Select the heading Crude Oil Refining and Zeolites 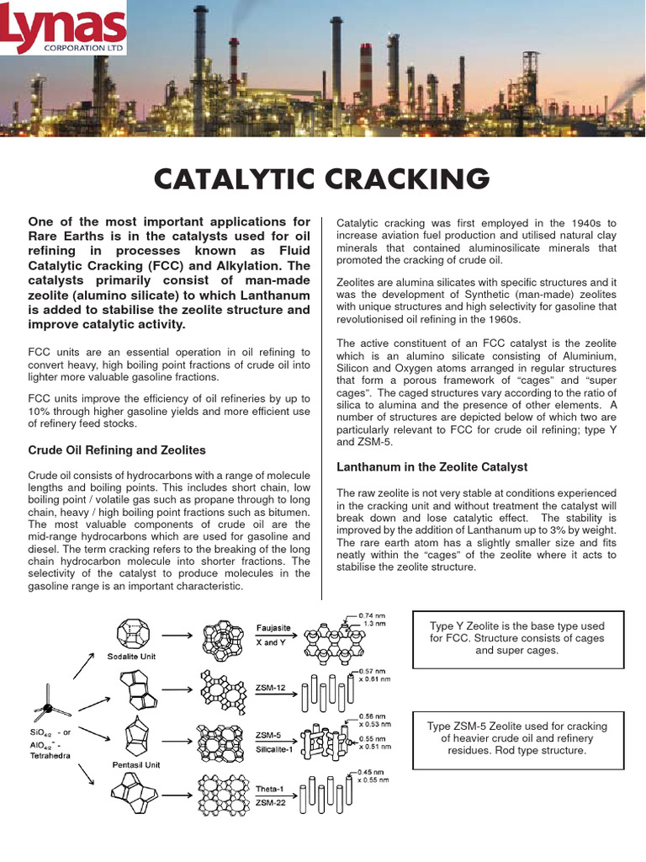[x=117, y=450]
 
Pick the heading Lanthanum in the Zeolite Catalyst [x=432, y=466]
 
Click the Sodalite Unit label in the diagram [x=131, y=656]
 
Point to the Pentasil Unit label [x=135, y=764]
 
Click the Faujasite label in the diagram [x=274, y=627]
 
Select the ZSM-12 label [x=271, y=687]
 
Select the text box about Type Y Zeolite [x=517, y=639]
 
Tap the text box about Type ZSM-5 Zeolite [x=517, y=738]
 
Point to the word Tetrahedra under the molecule [x=53, y=755]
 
